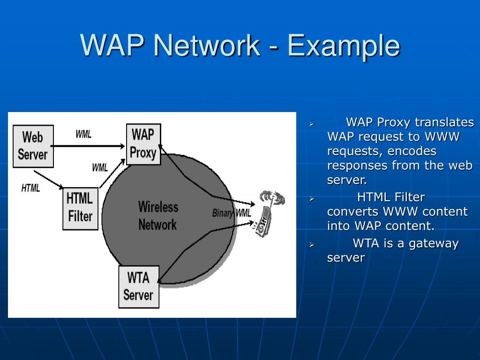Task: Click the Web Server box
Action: point(33,146)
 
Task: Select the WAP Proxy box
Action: point(143,144)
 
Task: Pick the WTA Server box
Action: point(138,286)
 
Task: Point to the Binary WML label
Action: point(232,213)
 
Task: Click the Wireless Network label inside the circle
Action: point(158,216)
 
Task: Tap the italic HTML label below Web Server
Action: point(31,188)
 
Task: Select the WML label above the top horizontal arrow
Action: point(83,135)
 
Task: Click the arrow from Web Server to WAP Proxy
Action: point(89,146)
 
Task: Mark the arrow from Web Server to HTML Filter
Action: point(49,180)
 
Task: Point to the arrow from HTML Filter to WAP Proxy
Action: point(112,174)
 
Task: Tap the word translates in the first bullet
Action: point(444,122)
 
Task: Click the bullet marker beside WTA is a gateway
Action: point(311,245)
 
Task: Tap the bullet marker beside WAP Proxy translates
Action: point(311,124)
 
